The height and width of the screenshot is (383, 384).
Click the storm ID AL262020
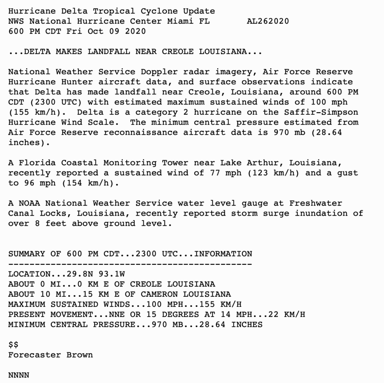click(x=268, y=21)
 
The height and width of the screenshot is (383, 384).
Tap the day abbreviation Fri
click(x=74, y=32)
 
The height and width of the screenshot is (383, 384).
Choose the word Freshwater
click(x=315, y=203)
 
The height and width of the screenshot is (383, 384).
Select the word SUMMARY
click(x=26, y=254)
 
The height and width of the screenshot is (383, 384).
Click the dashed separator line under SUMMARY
click(x=130, y=264)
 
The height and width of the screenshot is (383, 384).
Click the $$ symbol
click(x=13, y=345)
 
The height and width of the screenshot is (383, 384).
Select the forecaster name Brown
click(x=79, y=355)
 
